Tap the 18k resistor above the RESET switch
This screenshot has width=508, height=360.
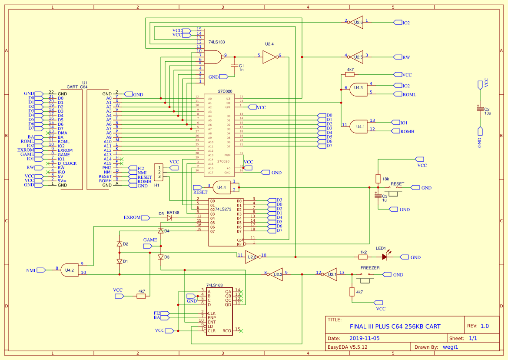click(378, 179)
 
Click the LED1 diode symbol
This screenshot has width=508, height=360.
click(385, 257)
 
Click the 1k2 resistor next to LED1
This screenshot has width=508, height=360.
click(363, 257)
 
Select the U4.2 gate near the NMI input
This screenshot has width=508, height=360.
click(70, 270)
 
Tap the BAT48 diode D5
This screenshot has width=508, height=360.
click(169, 217)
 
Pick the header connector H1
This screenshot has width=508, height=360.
click(159, 172)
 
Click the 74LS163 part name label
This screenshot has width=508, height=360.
click(214, 285)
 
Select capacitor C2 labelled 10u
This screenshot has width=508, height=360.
click(480, 109)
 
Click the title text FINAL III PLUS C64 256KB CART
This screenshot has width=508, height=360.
click(395, 327)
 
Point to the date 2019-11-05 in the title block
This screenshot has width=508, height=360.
click(364, 338)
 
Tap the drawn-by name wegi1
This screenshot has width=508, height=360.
click(450, 347)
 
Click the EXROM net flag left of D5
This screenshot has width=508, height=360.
click(133, 217)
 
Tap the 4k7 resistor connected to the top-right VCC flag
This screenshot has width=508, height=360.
click(350, 74)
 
